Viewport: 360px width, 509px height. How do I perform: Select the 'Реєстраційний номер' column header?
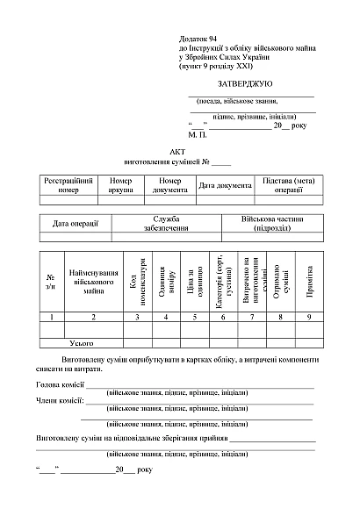click(x=68, y=184)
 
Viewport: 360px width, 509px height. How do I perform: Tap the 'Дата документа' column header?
click(x=225, y=185)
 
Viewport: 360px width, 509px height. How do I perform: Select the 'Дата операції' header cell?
click(x=75, y=223)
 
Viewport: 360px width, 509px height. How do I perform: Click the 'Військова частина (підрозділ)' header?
click(x=273, y=223)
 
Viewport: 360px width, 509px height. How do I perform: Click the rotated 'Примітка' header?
click(x=309, y=283)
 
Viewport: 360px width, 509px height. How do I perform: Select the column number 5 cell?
click(x=194, y=315)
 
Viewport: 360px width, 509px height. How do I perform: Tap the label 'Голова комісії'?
click(x=60, y=384)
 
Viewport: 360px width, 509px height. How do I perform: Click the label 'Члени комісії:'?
click(x=59, y=401)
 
